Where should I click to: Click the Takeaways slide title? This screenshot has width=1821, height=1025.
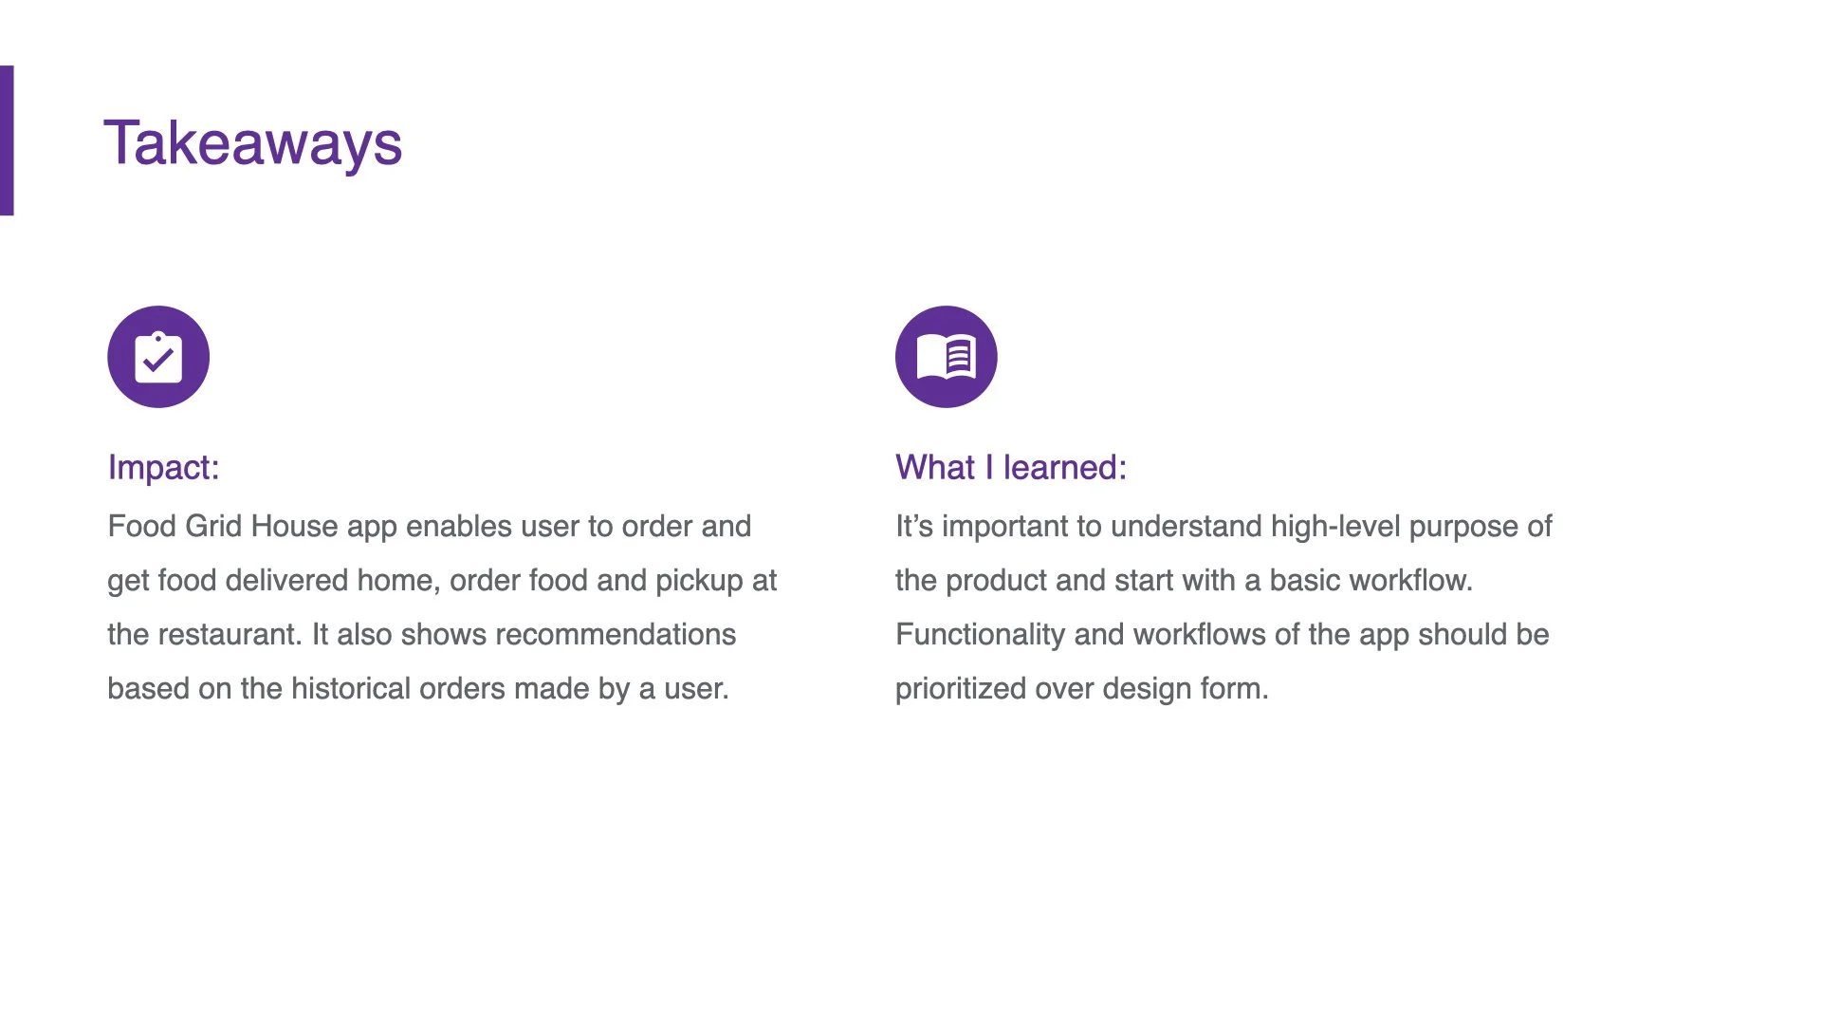coord(252,144)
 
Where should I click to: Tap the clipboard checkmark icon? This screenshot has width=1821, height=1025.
coord(158,357)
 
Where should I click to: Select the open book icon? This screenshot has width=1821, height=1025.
coord(946,357)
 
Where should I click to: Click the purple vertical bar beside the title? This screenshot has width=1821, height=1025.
coord(7,140)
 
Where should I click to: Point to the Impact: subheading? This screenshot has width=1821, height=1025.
coord(163,467)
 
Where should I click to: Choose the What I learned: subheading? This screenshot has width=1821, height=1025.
coord(1010,467)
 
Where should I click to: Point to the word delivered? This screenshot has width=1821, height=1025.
coord(286,580)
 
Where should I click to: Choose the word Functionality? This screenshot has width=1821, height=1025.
coord(980,634)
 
